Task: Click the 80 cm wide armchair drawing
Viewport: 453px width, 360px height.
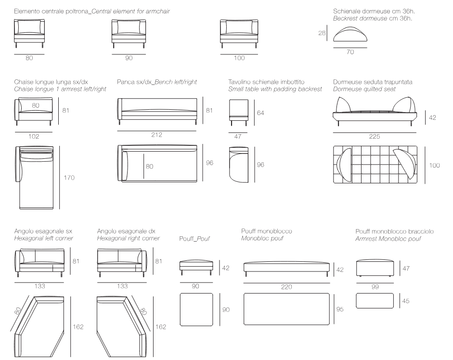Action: pos(29,34)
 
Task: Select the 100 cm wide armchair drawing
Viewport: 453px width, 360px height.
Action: pos(239,34)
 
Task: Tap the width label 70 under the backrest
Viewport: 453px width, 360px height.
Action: pos(350,52)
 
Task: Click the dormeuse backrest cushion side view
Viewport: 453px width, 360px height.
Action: pos(350,34)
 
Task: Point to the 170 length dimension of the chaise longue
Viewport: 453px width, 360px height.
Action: pos(69,178)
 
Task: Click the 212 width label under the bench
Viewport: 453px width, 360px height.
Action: pos(156,135)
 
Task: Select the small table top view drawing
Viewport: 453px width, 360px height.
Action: pos(239,165)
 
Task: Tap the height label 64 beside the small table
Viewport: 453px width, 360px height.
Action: pos(260,113)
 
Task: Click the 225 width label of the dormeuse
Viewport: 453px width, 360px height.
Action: pos(375,136)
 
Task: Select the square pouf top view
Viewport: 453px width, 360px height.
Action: pos(196,310)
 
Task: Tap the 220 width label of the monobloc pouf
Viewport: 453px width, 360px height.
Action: pos(286,287)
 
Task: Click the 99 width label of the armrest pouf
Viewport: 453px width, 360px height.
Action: pos(375,287)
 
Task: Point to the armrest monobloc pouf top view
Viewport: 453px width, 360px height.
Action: pos(375,301)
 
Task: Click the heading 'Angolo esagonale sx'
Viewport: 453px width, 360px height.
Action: pos(43,231)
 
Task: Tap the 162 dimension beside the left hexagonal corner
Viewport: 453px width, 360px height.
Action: pos(78,327)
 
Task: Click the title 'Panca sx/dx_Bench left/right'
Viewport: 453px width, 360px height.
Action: pos(157,82)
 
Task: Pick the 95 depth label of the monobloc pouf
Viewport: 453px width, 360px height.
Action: pos(340,309)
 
